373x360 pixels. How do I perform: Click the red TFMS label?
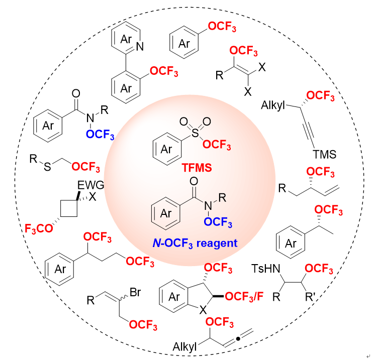pyautogui.click(x=197, y=168)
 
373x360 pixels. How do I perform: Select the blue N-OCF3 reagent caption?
pyautogui.click(x=195, y=244)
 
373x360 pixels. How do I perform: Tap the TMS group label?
pyautogui.click(x=324, y=155)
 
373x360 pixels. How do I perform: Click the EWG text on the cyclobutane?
pyautogui.click(x=91, y=185)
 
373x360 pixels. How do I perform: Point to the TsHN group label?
pyautogui.click(x=266, y=269)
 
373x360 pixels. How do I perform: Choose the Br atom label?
pyautogui.click(x=135, y=292)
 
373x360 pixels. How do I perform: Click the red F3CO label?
pyautogui.click(x=39, y=228)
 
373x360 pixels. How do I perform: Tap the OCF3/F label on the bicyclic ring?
pyautogui.click(x=244, y=297)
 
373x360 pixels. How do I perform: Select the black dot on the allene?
pyautogui.click(x=238, y=339)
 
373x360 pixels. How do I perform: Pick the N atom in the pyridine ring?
pyautogui.click(x=140, y=47)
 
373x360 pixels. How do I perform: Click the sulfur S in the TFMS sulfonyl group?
pyautogui.click(x=195, y=133)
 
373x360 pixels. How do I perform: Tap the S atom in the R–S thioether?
pyautogui.click(x=47, y=167)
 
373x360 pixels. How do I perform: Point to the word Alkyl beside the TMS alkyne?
pyautogui.click(x=273, y=105)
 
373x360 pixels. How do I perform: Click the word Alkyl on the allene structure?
pyautogui.click(x=184, y=346)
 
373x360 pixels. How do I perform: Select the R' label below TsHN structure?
pyautogui.click(x=310, y=297)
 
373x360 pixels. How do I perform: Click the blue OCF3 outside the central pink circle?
pyautogui.click(x=100, y=135)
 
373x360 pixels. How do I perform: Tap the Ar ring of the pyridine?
pyautogui.click(x=126, y=38)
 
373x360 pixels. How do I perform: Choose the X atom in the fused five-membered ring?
pyautogui.click(x=203, y=310)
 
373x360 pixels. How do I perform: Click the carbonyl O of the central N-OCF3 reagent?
pyautogui.click(x=194, y=181)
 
